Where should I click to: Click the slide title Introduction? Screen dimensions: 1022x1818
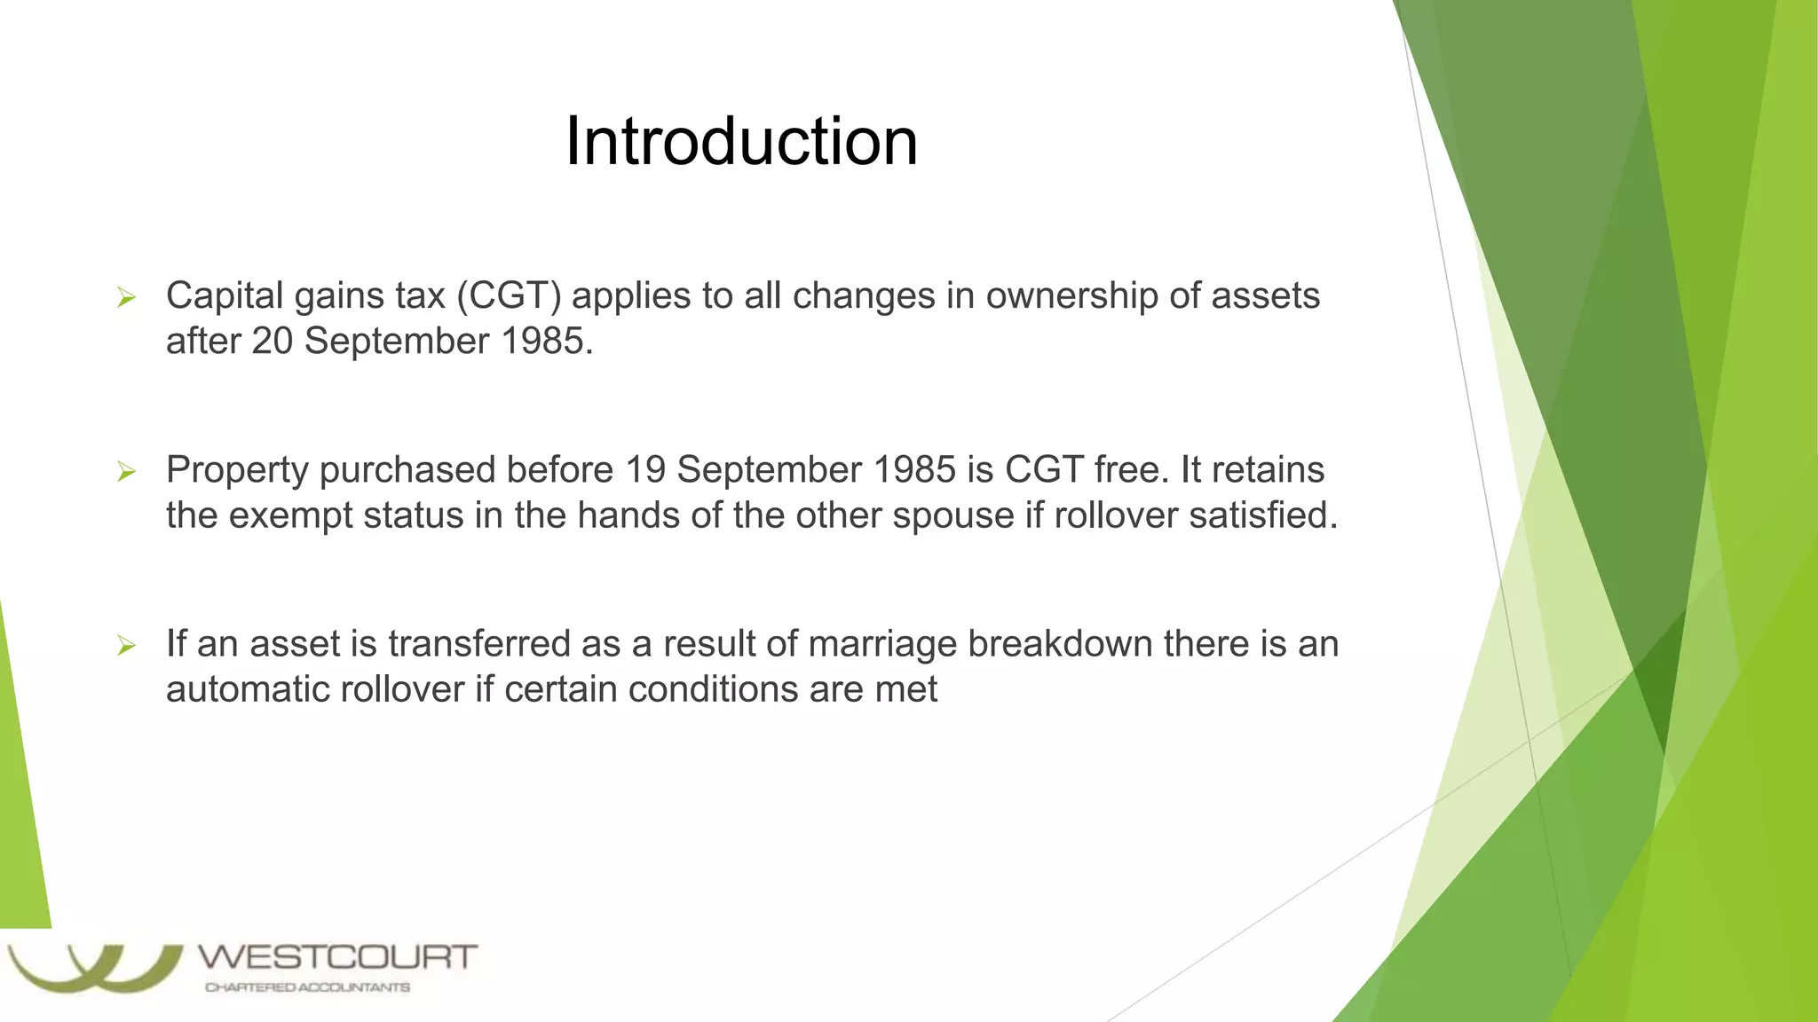tap(741, 142)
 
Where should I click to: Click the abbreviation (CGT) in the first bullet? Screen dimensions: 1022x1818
tap(509, 296)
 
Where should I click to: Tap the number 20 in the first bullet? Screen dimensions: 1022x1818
tap(272, 342)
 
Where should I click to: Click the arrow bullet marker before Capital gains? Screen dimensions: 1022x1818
tap(126, 298)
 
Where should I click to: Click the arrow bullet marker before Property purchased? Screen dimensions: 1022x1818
tap(126, 472)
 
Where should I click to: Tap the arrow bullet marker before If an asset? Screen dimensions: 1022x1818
tap(126, 646)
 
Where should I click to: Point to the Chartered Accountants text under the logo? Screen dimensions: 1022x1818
tap(307, 987)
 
